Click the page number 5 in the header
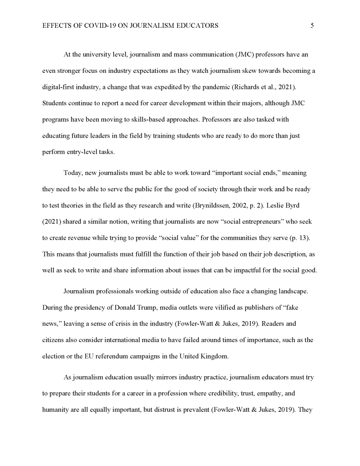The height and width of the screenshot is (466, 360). click(312, 26)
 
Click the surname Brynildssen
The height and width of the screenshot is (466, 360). click(212, 205)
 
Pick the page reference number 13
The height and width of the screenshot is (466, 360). click(306, 237)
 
